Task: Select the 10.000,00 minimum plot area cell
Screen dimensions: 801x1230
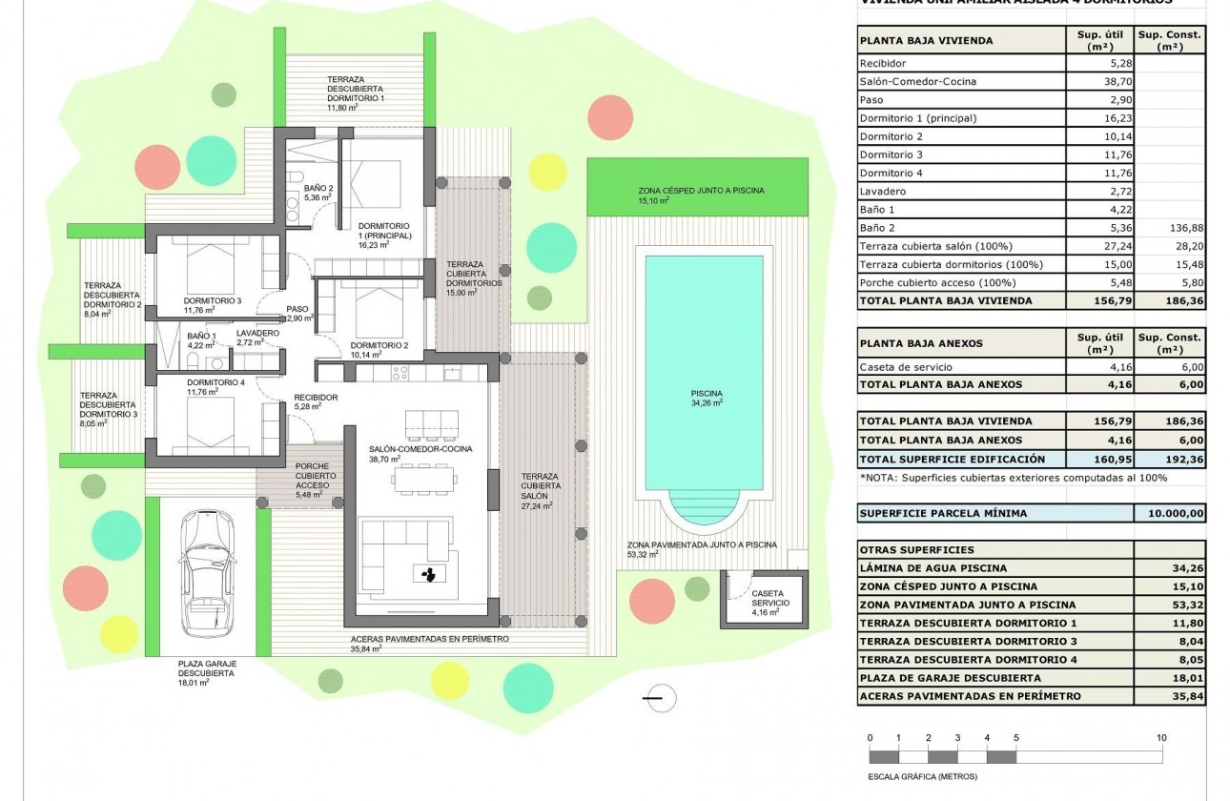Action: (x=1170, y=513)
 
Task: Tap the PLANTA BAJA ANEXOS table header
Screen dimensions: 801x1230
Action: (x=921, y=342)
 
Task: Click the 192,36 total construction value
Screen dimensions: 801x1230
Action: (x=1170, y=458)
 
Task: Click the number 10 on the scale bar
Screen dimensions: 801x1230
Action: (x=1160, y=738)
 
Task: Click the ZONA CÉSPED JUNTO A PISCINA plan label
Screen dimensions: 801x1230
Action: (x=701, y=191)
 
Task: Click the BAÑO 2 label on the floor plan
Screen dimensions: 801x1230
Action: (x=318, y=189)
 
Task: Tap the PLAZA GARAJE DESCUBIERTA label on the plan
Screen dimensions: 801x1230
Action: (x=207, y=667)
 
